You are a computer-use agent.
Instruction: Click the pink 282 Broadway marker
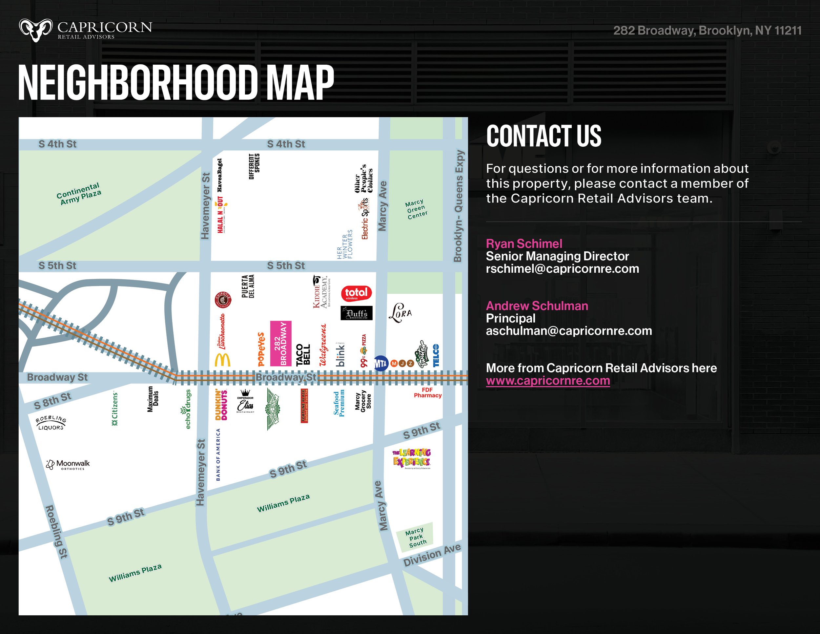point(280,343)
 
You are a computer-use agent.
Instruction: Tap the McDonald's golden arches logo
point(222,360)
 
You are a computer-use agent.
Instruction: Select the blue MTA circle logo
point(381,363)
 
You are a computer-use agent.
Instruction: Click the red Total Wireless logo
point(356,293)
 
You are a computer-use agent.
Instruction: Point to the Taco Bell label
point(303,354)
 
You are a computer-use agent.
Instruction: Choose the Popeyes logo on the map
point(261,349)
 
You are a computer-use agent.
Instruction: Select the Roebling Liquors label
point(51,423)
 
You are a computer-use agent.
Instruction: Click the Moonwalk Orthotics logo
point(68,465)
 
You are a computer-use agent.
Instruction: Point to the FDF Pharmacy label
point(427,393)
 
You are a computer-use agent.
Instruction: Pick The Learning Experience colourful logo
point(412,458)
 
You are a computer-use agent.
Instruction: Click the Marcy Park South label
point(415,538)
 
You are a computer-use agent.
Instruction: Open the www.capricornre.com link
point(548,381)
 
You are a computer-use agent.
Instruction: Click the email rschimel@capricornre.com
point(562,269)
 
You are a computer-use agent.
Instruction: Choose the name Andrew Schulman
point(537,306)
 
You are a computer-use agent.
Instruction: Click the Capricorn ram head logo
point(36,30)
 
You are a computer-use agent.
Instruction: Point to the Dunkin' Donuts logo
point(221,405)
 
